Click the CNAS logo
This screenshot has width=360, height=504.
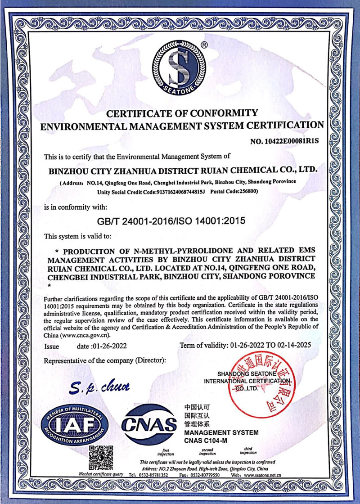(x=149, y=423)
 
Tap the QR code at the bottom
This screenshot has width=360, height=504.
(x=100, y=458)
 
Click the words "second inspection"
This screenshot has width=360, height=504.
(x=207, y=451)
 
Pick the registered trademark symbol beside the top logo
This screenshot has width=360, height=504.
(x=204, y=45)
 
